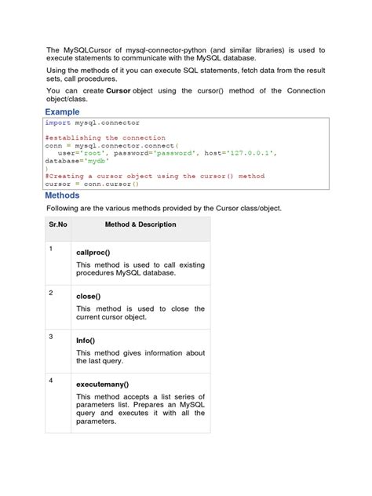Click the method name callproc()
click(93, 253)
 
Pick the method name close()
click(89, 297)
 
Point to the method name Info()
click(86, 341)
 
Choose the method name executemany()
click(102, 385)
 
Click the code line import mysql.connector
click(93, 123)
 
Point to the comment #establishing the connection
click(105, 137)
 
